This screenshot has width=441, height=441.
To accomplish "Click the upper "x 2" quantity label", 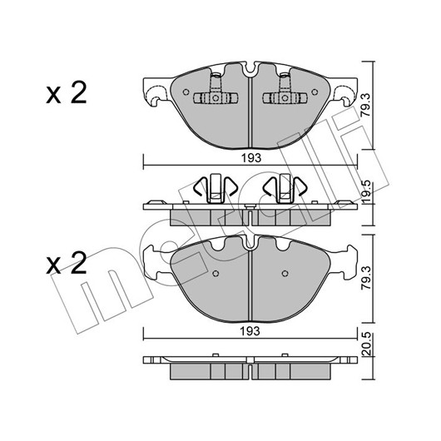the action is tap(67, 93).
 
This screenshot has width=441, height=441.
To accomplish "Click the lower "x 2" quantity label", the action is tap(67, 263).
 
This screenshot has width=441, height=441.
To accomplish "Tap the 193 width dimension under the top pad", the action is tap(251, 158).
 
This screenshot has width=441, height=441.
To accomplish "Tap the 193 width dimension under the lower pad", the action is tap(250, 331).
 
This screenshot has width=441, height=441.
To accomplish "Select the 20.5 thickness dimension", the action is tap(367, 344).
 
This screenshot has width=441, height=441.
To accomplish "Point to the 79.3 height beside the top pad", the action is tap(366, 106).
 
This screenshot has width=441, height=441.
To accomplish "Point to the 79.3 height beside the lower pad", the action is tap(366, 278).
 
